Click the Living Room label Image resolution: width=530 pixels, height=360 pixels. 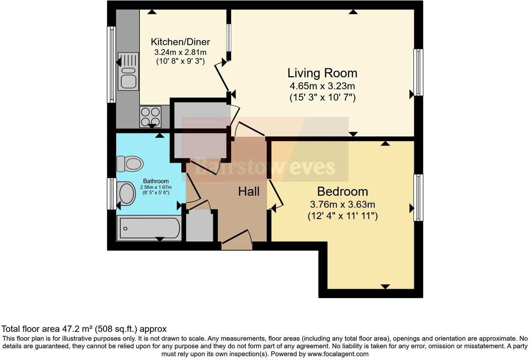click(x=322, y=73)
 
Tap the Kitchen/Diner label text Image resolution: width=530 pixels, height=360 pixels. click(x=180, y=42)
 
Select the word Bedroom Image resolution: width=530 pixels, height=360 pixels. click(x=342, y=192)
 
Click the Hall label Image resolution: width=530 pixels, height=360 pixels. click(x=249, y=192)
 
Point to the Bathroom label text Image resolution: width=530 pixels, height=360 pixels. click(x=156, y=181)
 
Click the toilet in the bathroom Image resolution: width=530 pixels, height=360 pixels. click(x=130, y=163)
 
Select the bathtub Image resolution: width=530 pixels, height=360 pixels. click(x=149, y=228)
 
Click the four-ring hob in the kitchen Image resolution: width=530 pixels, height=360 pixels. click(x=151, y=117)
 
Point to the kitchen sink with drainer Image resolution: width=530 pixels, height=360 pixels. click(x=128, y=71)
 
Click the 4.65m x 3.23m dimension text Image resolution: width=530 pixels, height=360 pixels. click(x=322, y=86)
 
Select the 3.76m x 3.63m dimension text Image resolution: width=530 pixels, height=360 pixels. click(x=342, y=204)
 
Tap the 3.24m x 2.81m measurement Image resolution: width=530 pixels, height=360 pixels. click(x=180, y=52)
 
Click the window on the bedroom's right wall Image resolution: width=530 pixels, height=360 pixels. click(x=418, y=197)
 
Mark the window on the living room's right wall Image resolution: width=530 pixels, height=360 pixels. click(x=418, y=72)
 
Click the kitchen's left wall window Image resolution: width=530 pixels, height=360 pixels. click(x=111, y=65)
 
